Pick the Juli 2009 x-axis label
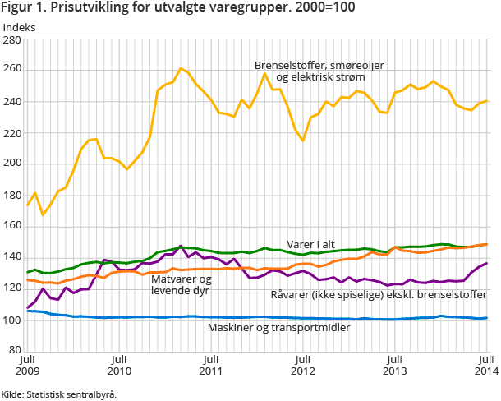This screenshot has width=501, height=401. coord(28,366)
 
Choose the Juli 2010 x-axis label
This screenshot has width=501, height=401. coord(120,366)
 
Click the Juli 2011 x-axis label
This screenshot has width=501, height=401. coord(212,366)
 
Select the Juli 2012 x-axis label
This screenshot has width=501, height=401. coord(304,366)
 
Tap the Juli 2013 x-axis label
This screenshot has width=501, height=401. coord(395,366)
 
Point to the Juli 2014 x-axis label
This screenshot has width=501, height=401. coord(485,366)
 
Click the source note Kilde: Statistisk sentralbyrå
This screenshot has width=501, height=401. coord(59,394)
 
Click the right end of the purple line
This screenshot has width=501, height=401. coord(487,263)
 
